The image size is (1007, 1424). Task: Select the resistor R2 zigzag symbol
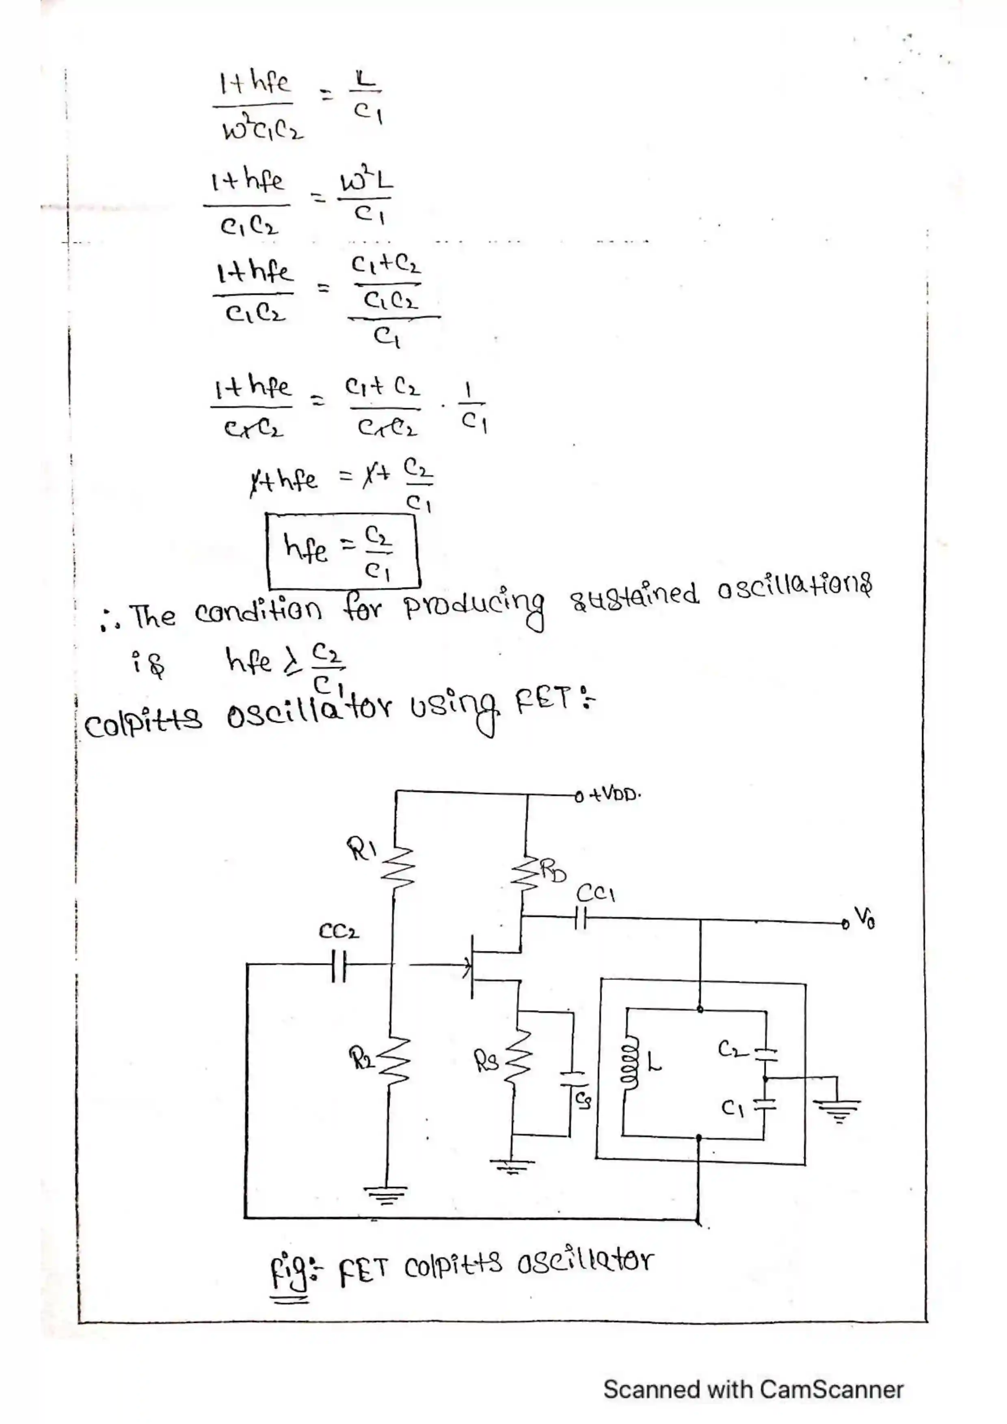click(397, 1062)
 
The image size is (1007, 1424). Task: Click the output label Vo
click(864, 918)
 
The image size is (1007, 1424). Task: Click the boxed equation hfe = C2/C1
click(343, 549)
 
